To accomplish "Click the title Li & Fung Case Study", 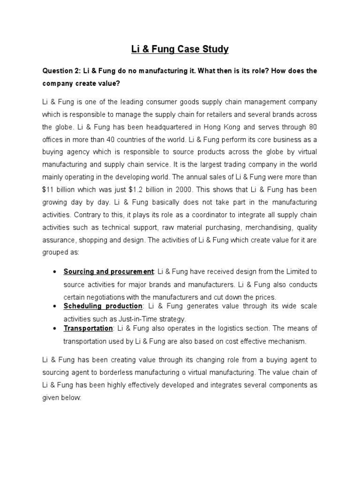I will [180, 49].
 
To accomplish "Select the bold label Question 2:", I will [62, 71].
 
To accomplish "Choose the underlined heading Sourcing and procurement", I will [108, 271].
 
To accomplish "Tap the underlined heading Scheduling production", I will [103, 306].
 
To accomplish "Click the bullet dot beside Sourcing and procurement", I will [56, 272].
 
